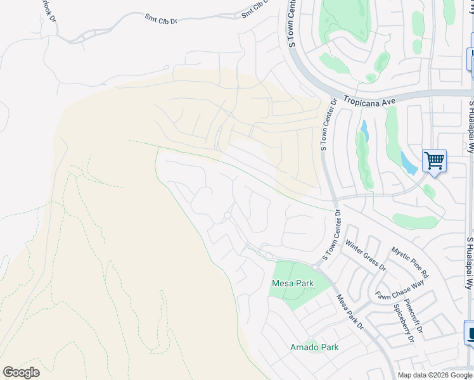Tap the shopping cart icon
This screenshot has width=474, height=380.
(x=434, y=160)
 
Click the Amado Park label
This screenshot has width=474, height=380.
(x=314, y=347)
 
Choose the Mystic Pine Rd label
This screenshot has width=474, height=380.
(x=409, y=263)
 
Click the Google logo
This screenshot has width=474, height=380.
(x=21, y=372)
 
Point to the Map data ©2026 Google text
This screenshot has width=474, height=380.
(x=434, y=375)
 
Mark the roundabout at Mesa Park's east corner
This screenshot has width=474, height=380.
(x=315, y=268)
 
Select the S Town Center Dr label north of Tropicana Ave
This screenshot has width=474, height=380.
(x=292, y=24)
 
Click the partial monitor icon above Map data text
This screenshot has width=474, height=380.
(x=470, y=332)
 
